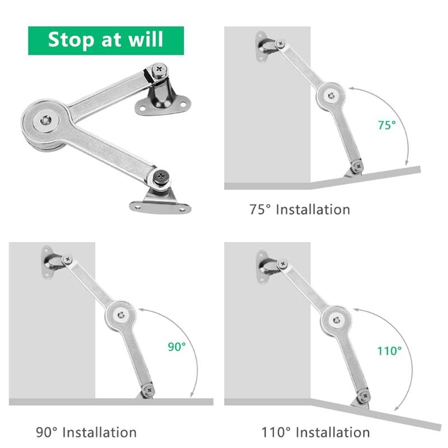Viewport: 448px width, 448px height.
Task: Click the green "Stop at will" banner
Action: tap(106, 40)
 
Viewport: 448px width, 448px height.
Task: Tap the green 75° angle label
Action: tap(386, 125)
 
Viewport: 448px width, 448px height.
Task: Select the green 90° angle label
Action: tap(176, 347)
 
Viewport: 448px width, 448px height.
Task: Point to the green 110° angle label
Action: tap(389, 351)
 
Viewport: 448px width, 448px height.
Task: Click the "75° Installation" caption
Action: tap(300, 210)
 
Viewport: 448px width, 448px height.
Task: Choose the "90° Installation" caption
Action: tap(86, 432)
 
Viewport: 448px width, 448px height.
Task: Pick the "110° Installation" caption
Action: tap(315, 432)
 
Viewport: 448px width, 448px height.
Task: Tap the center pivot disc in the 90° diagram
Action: tap(120, 315)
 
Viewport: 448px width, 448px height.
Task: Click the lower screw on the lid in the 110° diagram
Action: tap(365, 396)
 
